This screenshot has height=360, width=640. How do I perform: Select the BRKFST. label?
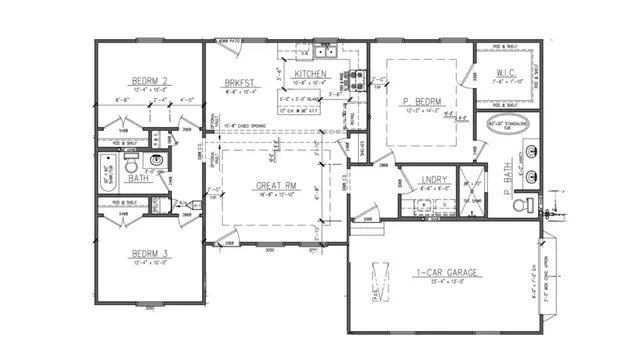[238, 83]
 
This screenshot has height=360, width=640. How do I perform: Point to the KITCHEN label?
[313, 74]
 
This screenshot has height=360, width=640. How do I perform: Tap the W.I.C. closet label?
[505, 72]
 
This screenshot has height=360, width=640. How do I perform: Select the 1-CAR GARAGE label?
[446, 272]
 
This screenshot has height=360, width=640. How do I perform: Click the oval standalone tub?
[505, 125]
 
